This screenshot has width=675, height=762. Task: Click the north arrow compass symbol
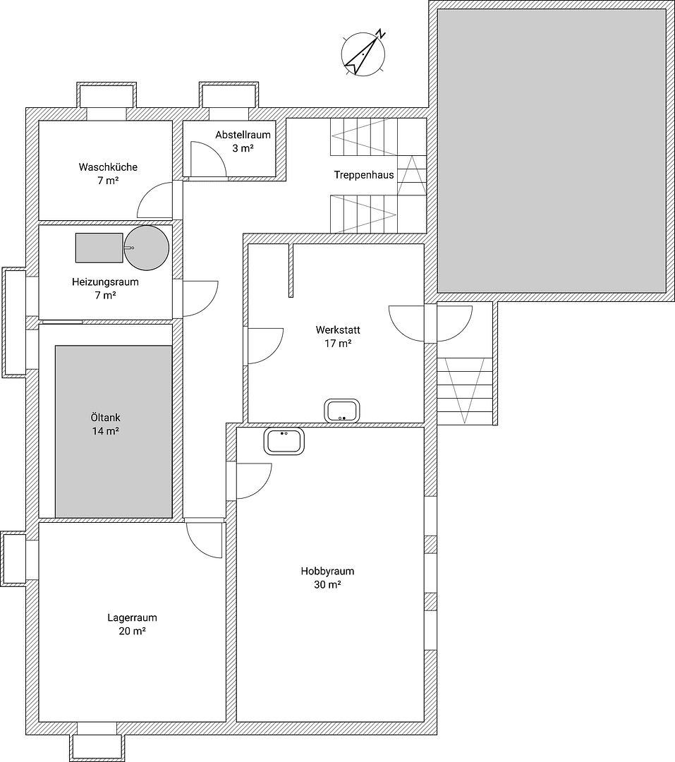pyautogui.click(x=363, y=52)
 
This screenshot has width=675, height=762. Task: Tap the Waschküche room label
pyautogui.click(x=108, y=168)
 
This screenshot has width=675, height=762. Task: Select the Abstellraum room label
pyautogui.click(x=243, y=135)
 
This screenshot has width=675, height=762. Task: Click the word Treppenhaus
pyautogui.click(x=364, y=175)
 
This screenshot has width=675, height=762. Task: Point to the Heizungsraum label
pyautogui.click(x=105, y=282)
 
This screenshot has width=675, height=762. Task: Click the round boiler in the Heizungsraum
pyautogui.click(x=147, y=248)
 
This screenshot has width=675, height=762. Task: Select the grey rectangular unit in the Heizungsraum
pyautogui.click(x=99, y=248)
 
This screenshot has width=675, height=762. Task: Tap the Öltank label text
pyautogui.click(x=105, y=418)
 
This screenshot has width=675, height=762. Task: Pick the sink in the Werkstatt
pyautogui.click(x=342, y=410)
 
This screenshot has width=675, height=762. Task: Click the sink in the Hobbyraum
pyautogui.click(x=285, y=441)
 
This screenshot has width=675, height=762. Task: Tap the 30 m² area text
pyautogui.click(x=327, y=585)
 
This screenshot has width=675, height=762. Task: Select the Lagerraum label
pyautogui.click(x=132, y=617)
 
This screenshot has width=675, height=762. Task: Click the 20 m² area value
pyautogui.click(x=132, y=631)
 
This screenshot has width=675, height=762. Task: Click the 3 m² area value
pyautogui.click(x=243, y=148)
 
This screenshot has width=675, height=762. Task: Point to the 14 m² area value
pyautogui.click(x=105, y=431)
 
